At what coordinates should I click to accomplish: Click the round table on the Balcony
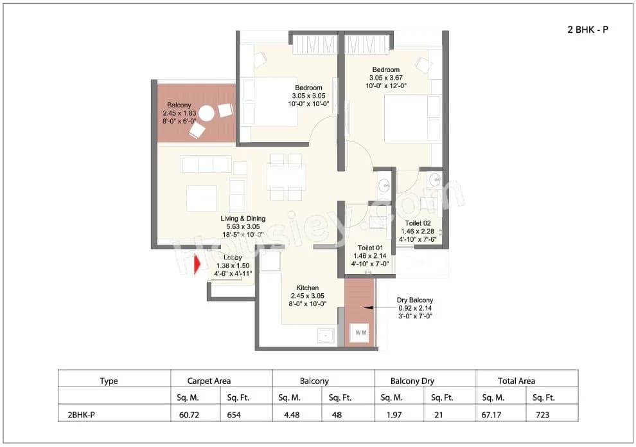[x=206, y=114]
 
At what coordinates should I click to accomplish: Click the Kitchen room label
[x=307, y=288]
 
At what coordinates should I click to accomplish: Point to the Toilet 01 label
[x=370, y=247]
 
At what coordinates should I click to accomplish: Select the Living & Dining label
[x=243, y=219]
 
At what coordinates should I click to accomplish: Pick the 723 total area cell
[x=543, y=415]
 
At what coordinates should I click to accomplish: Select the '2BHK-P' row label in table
[x=81, y=415]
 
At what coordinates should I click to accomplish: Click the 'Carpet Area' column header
[x=209, y=381]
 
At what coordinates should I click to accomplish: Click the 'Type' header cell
[x=109, y=381]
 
